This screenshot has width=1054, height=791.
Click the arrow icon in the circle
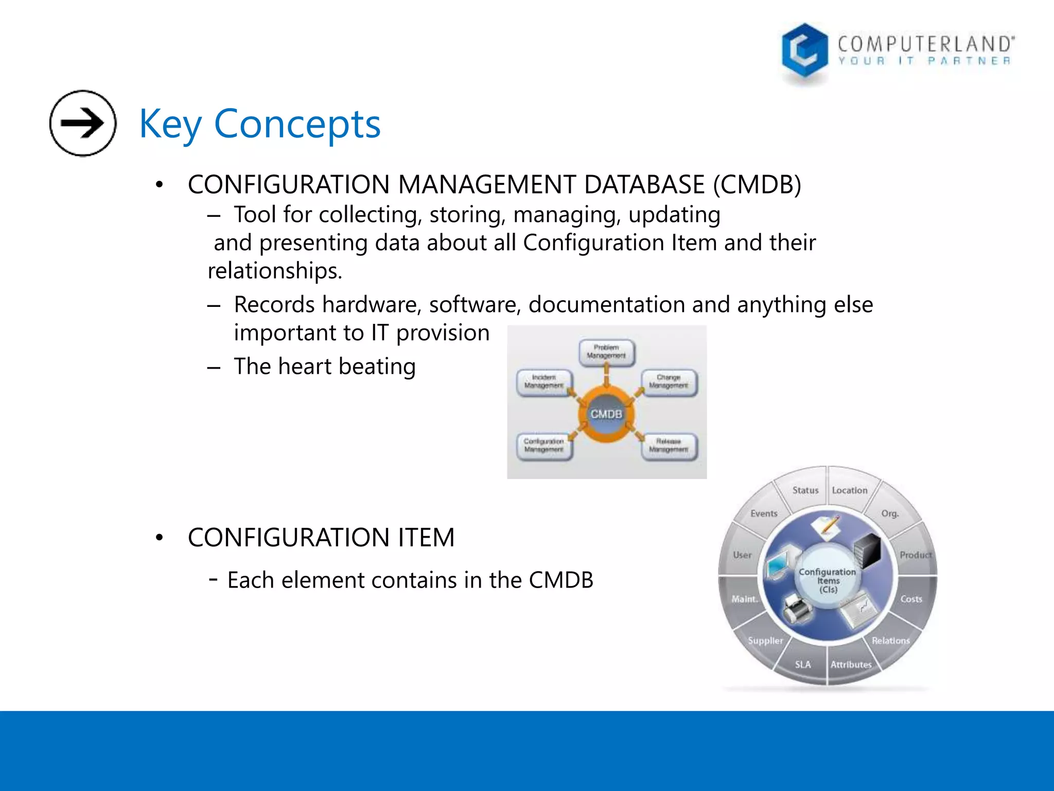[x=82, y=123]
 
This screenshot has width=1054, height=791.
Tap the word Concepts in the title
[x=297, y=124]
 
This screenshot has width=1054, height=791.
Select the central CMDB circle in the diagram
[x=606, y=414]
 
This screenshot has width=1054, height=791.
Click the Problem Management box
[x=606, y=352]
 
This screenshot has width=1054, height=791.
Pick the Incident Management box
[x=544, y=382]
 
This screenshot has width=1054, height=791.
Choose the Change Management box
[x=669, y=382]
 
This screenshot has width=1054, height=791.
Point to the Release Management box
[x=669, y=446]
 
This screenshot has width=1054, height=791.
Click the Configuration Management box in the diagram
[x=544, y=446]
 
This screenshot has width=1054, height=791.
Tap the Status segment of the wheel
[x=805, y=490]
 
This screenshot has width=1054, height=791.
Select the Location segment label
[x=850, y=490]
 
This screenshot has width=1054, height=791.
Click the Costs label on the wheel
[x=911, y=599]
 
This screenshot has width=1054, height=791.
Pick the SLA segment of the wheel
[x=803, y=664]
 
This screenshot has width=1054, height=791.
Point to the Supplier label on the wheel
[x=765, y=641]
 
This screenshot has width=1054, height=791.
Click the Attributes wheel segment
[x=851, y=664]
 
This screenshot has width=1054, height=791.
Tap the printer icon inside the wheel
[x=797, y=608]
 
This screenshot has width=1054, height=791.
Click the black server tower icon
[x=868, y=550]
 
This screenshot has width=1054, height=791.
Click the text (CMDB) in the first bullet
[x=757, y=185]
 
